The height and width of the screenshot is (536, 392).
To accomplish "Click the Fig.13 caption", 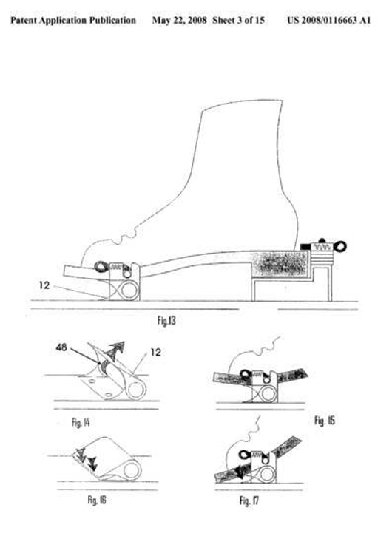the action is coord(166,321).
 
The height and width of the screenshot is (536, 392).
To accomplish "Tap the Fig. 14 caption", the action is coord(81,422).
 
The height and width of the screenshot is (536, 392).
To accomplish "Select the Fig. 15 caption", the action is coord(325,420).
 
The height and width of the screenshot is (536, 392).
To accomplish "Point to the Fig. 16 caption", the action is coord(97,500).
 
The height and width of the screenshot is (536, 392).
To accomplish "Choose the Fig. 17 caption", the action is coord(249,501).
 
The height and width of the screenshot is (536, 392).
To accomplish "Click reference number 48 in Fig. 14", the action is coord(61,348).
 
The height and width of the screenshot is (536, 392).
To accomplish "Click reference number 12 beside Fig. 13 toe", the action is coord(44,285).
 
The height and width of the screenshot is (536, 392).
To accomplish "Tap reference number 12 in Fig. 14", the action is coord(155,352).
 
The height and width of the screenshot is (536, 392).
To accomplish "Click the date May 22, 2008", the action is coord(179,20).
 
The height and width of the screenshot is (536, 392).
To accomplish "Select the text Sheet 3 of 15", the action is coord(238,20).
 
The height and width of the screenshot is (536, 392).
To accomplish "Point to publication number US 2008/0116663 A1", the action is coord(328,20).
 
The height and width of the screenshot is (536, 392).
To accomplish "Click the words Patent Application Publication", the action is coord(73,21).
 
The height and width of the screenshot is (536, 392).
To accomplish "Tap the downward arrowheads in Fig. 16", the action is coord(87,459).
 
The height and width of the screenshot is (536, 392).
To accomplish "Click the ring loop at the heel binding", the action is coord(341,246).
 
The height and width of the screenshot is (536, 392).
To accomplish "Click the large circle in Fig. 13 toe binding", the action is coord(129,291).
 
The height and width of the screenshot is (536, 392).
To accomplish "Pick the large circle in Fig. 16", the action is coord(132,469).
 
